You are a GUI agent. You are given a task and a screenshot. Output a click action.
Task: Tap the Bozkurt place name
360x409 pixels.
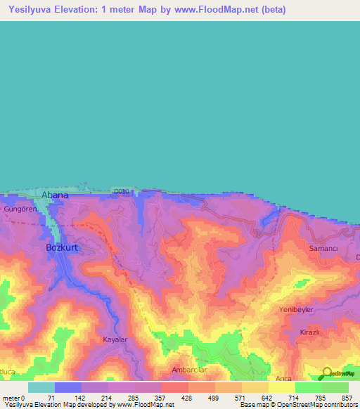pos(60,247)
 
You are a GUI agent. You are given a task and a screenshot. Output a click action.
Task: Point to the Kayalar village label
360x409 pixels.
pos(116,339)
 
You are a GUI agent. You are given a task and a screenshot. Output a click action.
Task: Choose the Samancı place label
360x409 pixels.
pos(325,249)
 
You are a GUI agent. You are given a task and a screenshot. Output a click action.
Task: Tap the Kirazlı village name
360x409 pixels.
pos(310,331)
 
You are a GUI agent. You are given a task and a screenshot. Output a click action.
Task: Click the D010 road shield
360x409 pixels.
pos(122,190)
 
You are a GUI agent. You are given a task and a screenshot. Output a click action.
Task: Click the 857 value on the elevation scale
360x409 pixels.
pos(347,398)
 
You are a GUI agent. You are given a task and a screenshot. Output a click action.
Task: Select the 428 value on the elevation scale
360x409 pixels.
pos(187,398)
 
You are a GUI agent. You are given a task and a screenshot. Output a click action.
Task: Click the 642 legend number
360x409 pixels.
pos(267,398)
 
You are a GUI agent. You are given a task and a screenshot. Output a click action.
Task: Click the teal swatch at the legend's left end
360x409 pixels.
pos(41,387)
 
